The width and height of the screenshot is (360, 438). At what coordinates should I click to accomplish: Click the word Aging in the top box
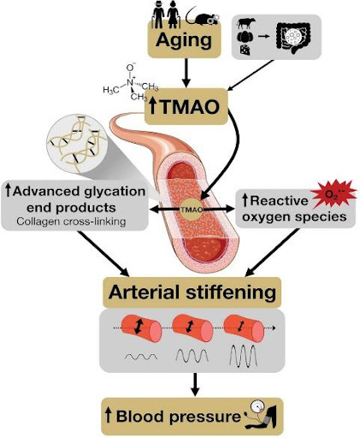[x=184, y=40]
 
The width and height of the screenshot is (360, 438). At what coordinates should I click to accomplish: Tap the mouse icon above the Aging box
[x=203, y=17]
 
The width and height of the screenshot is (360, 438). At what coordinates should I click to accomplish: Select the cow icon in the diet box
[x=246, y=23]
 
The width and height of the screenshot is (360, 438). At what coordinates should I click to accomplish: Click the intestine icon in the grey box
[x=293, y=38]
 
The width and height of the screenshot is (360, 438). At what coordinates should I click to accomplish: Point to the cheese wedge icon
[x=245, y=50]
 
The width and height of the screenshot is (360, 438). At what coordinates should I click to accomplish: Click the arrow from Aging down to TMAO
[x=186, y=73]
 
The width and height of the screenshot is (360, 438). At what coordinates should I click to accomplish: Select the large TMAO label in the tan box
[x=185, y=107]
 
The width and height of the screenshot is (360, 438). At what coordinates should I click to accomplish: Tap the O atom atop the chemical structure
[x=130, y=68]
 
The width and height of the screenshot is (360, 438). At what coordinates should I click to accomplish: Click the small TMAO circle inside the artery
[x=192, y=210]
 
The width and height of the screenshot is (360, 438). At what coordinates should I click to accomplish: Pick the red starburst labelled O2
[x=333, y=193]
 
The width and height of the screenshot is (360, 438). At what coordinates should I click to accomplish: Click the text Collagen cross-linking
[x=71, y=222]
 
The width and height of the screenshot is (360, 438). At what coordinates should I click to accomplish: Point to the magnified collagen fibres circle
[x=76, y=143]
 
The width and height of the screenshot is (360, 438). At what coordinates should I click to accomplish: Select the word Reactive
[x=274, y=201]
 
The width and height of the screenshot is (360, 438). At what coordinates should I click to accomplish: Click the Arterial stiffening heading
[x=192, y=292]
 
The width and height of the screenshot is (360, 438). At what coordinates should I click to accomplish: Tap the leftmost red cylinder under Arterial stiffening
[x=141, y=328]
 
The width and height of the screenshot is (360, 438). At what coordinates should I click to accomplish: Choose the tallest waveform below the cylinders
[x=244, y=356]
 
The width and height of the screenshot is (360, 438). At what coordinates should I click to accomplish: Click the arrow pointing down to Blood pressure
[x=195, y=384]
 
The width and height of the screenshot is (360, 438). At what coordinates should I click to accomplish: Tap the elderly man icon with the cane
[x=157, y=17]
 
